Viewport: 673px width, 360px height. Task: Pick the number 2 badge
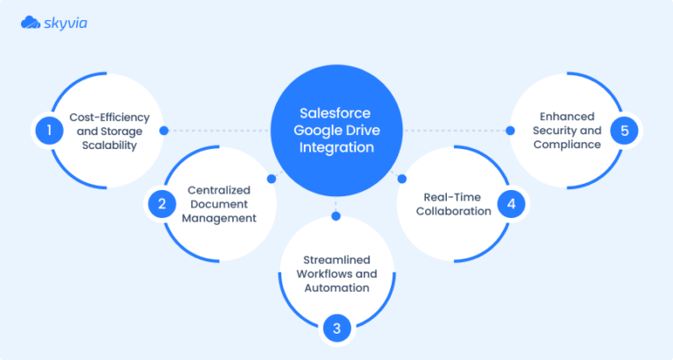click(161, 204)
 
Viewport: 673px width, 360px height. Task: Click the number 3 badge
click(336, 328)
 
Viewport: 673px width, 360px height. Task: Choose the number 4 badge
click(511, 204)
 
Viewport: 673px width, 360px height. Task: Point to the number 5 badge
click(623, 131)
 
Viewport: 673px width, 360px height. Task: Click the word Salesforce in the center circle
click(336, 114)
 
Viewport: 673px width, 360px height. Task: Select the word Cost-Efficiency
click(110, 117)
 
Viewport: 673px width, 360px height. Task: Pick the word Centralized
click(218, 190)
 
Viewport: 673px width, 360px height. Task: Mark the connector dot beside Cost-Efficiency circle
click(164, 131)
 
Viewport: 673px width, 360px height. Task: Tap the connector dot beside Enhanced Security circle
click(508, 131)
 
